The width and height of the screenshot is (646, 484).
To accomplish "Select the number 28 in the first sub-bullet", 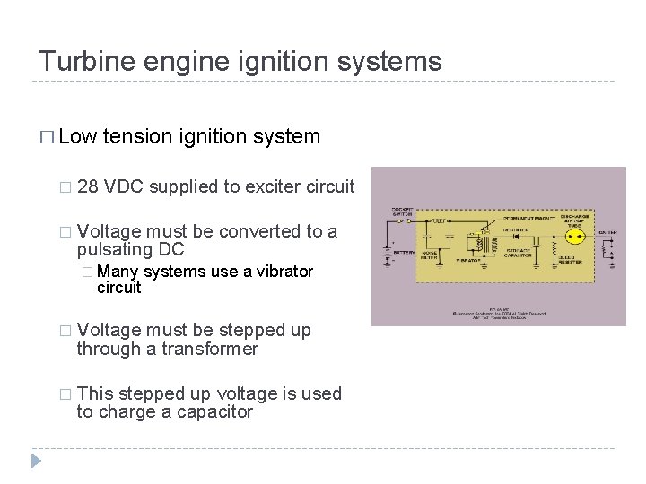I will (88, 186).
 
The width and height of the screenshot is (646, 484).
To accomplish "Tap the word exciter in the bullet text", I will (275, 186).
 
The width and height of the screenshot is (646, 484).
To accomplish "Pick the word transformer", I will (210, 349).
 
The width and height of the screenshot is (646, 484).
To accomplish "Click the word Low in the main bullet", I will (77, 136).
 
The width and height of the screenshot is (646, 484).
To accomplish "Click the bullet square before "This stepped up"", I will (64, 394).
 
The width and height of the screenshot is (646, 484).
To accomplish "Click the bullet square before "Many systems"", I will (85, 272).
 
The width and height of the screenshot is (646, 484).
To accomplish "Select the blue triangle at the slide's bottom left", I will (36, 461).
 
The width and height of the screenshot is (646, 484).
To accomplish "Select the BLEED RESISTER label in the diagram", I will (568, 260).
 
